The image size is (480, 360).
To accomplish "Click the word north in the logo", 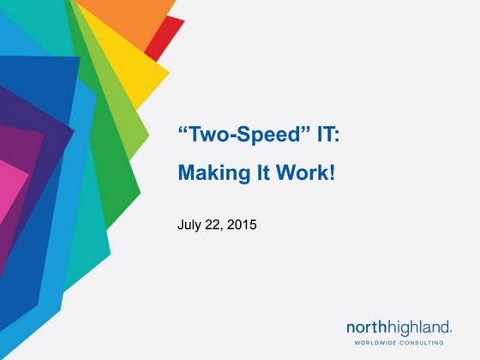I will pos(368,327).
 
